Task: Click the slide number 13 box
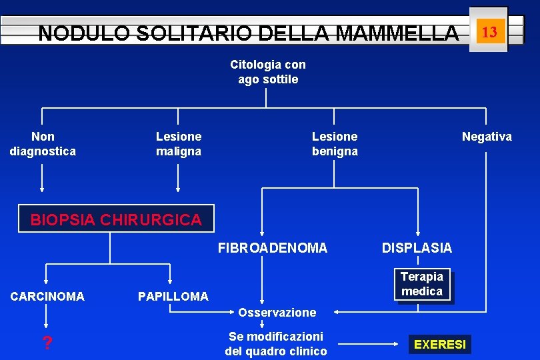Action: (489, 31)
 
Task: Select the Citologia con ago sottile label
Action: (268, 72)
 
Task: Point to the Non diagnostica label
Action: (43, 144)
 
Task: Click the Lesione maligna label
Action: (179, 144)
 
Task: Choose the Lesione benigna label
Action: (335, 144)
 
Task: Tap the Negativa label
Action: (487, 137)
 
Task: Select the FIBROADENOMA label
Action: (273, 248)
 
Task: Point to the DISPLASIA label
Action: (417, 248)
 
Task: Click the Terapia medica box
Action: (422, 284)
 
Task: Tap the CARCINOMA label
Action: (47, 296)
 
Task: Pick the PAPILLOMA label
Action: (173, 296)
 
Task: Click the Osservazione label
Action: (277, 312)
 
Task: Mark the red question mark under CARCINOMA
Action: (47, 344)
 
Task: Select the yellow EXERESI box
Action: (440, 345)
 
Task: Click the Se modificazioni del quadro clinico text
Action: (276, 344)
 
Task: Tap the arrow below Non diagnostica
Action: (43, 178)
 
